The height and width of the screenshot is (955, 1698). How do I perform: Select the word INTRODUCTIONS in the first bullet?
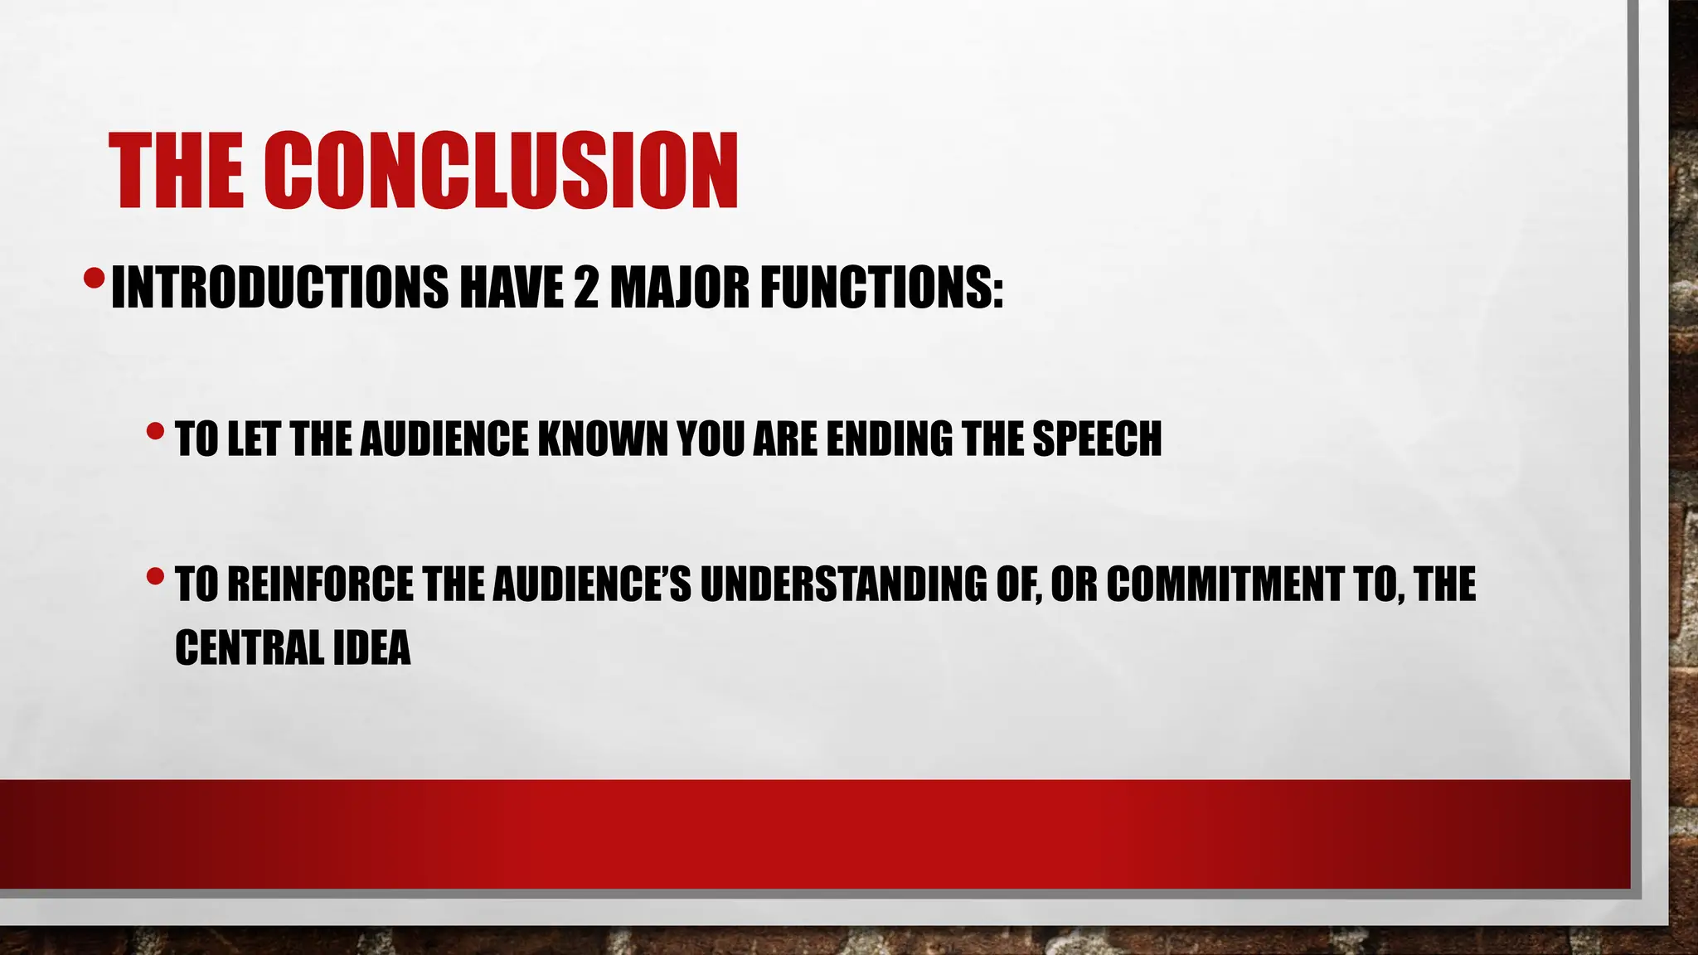coord(279,287)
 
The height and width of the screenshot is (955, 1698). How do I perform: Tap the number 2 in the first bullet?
coord(585,287)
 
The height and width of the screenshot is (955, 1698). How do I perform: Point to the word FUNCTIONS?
coord(881,287)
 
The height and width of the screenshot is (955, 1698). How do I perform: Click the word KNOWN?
coord(603,439)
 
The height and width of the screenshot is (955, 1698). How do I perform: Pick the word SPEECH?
coord(1096,439)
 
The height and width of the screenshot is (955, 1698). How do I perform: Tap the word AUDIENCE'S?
coord(591,584)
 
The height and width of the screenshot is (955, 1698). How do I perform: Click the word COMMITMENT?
coord(1224,584)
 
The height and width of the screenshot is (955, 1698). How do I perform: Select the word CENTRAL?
coord(249,647)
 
